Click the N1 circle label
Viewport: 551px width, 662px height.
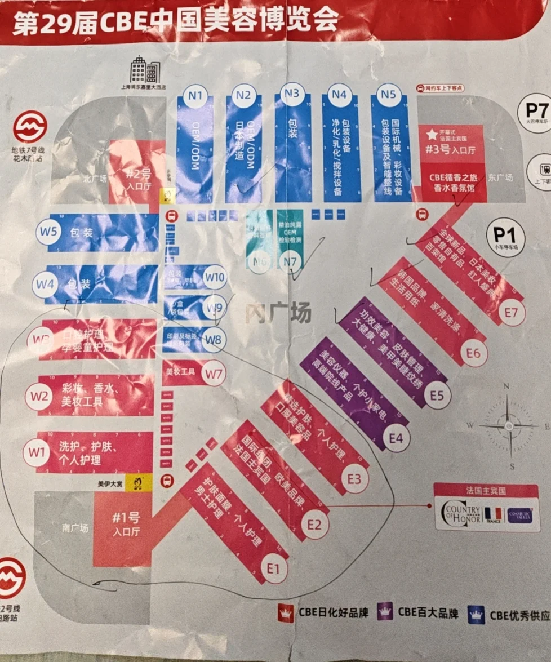click(x=195, y=96)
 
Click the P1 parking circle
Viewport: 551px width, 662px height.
click(x=505, y=234)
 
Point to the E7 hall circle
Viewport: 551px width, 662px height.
click(x=510, y=313)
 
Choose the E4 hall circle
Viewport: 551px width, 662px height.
click(x=396, y=437)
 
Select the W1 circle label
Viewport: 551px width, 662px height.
click(x=37, y=451)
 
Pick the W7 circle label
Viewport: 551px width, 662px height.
click(x=215, y=374)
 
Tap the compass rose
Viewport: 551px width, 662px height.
click(x=509, y=426)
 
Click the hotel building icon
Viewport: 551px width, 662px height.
click(x=145, y=70)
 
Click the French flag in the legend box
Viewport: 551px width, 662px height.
click(x=494, y=514)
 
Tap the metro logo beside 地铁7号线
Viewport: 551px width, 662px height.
click(x=29, y=126)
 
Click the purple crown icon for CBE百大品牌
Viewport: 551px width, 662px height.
click(x=385, y=611)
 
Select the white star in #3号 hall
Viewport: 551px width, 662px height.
click(x=433, y=135)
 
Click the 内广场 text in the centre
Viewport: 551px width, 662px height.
click(x=278, y=313)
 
